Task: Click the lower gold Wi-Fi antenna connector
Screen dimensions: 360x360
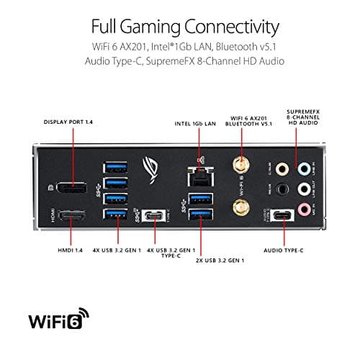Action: [x=236, y=209]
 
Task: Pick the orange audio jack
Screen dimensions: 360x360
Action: [x=284, y=170]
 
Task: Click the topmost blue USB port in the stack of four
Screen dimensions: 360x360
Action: [x=115, y=167]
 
